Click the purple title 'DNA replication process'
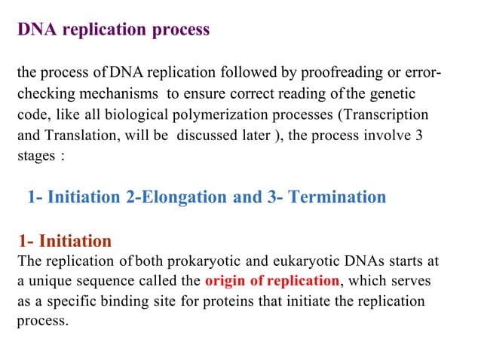113,30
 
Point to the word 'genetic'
392,96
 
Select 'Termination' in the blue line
337,197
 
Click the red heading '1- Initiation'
65,242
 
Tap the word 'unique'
50,282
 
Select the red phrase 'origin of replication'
272,282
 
